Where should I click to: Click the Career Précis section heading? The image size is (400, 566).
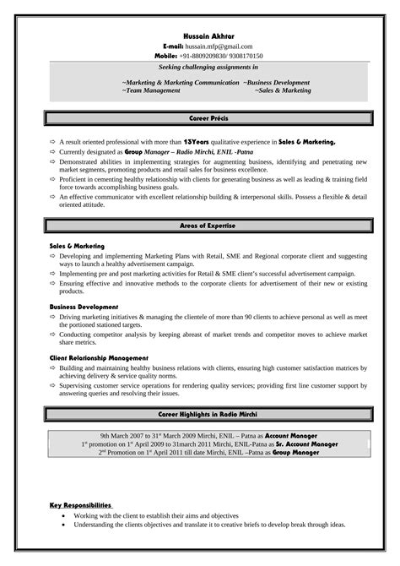207,122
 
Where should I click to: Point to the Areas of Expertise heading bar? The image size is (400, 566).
207,226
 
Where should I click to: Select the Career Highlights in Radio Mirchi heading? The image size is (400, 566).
208,416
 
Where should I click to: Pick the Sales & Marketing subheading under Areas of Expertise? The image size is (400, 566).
77,246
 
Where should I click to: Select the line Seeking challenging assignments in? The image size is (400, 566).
208,66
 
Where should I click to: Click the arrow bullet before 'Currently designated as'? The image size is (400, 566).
51,154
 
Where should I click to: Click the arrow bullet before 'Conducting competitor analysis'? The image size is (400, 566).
51,334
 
